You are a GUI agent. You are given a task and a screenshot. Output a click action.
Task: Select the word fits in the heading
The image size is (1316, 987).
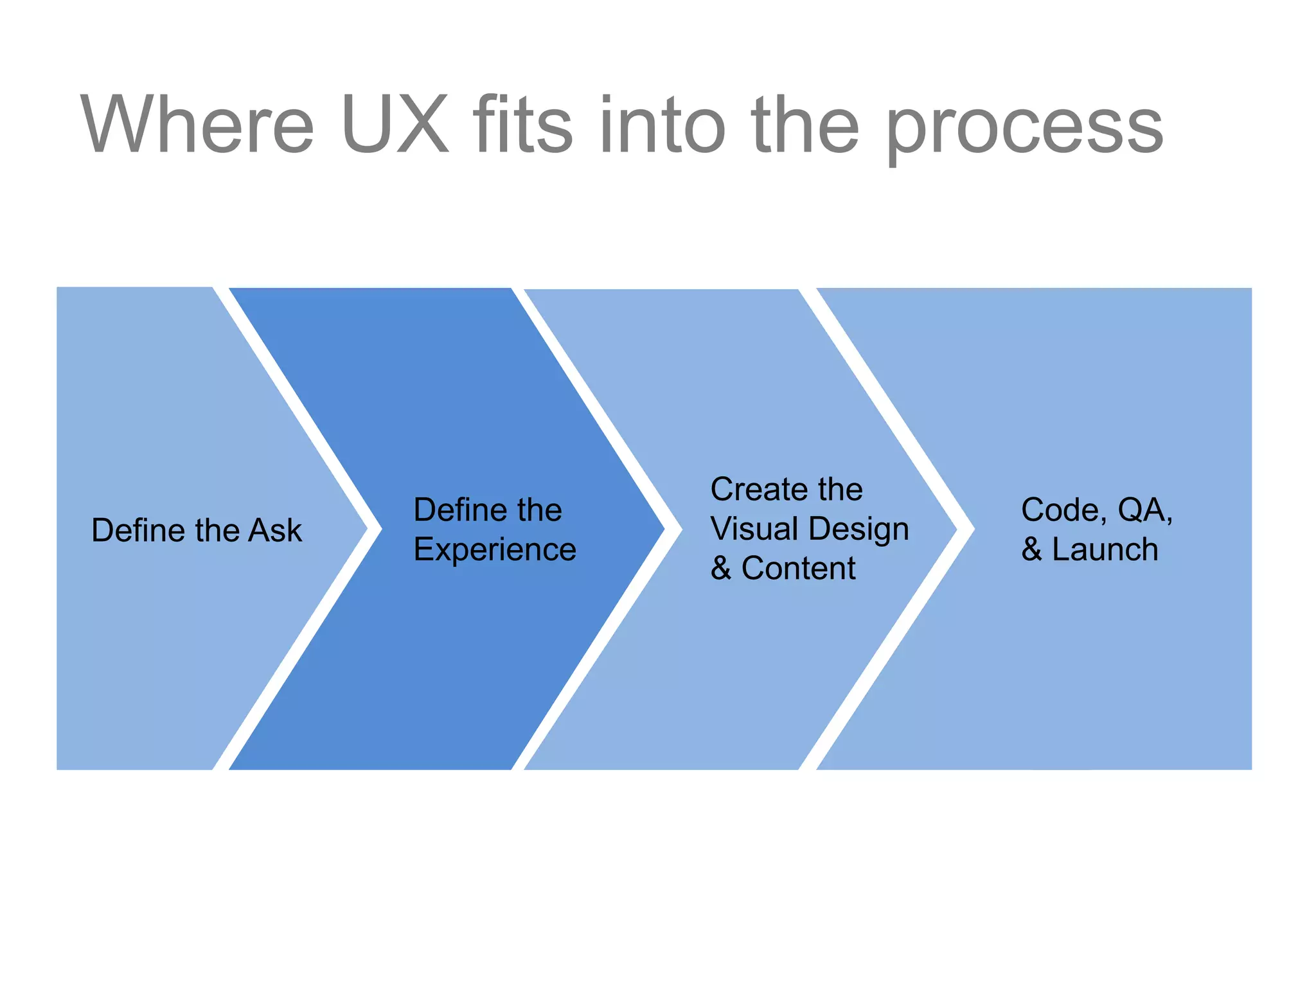pyautogui.click(x=522, y=125)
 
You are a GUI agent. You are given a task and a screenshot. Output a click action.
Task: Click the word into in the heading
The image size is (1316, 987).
pyautogui.click(x=662, y=125)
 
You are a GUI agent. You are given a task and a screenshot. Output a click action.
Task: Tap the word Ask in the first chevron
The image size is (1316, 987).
pyautogui.click(x=275, y=531)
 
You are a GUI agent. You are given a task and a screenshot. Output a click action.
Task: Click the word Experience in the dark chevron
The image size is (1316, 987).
pyautogui.click(x=495, y=550)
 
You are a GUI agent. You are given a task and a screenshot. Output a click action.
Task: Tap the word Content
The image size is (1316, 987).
pyautogui.click(x=798, y=569)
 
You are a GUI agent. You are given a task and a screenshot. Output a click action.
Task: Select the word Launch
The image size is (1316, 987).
pyautogui.click(x=1105, y=550)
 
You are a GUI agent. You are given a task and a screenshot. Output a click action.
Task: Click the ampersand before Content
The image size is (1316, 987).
pyautogui.click(x=721, y=569)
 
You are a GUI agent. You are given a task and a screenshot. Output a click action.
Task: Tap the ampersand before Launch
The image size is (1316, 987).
pyautogui.click(x=1031, y=550)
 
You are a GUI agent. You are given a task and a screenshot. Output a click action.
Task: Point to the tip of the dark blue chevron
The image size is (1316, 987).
pyautogui.click(x=662, y=529)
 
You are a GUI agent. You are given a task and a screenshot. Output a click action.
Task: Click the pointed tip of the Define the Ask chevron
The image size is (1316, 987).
pyautogui.click(x=365, y=529)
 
